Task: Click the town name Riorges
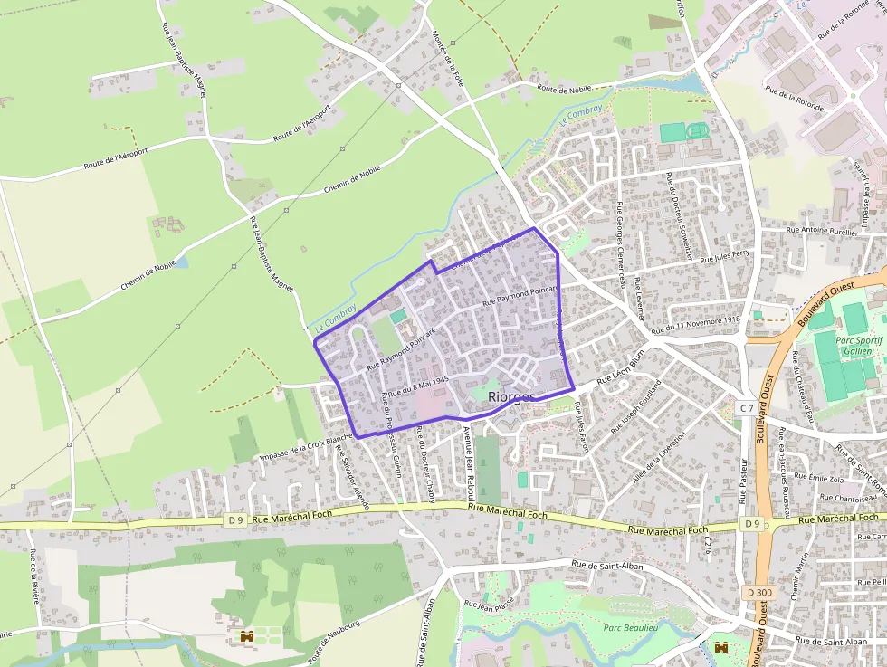(x=511, y=396)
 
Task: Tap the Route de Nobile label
(x=564, y=89)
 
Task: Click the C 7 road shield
(x=745, y=408)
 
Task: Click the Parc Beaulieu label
(x=631, y=626)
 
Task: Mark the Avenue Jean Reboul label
(x=469, y=463)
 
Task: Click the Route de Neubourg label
(x=334, y=639)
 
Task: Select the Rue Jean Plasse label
(x=489, y=601)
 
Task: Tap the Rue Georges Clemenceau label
(x=622, y=243)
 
